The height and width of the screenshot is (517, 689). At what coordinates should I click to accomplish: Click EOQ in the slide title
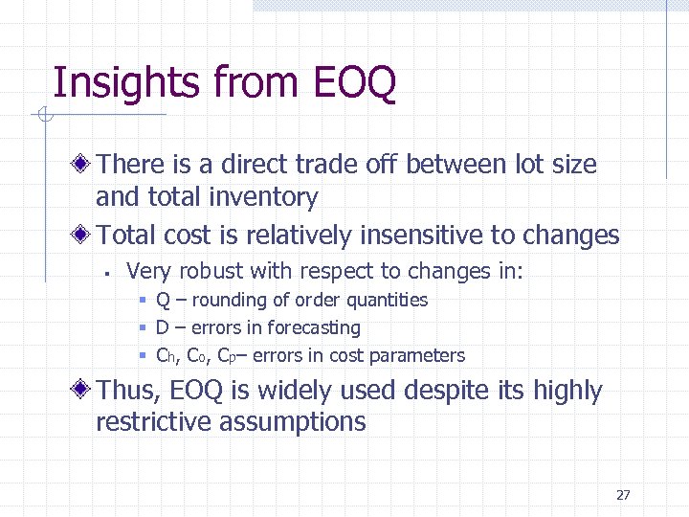point(353,82)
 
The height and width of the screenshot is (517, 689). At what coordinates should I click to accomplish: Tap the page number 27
point(623,495)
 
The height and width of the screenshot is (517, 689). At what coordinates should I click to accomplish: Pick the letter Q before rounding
point(163,301)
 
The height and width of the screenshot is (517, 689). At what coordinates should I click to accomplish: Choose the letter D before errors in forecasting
point(163,328)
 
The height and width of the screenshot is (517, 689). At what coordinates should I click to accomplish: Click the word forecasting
point(314,328)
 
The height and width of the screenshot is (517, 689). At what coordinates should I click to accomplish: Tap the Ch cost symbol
point(167,356)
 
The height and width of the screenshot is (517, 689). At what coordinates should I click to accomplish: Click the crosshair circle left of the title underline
point(43,117)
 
